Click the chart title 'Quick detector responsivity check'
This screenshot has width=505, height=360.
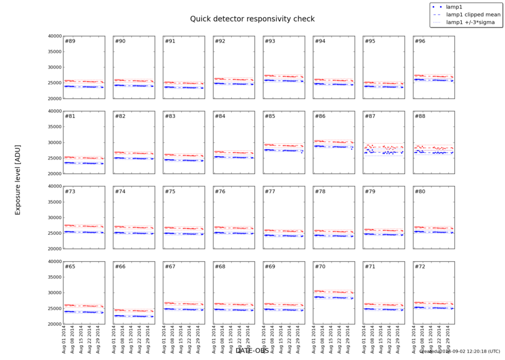pyautogui.click(x=252, y=19)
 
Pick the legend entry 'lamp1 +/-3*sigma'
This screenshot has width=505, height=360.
pyautogui.click(x=470, y=22)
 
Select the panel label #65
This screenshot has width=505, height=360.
pyautogui.click(x=70, y=266)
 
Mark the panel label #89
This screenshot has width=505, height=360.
pyautogui.click(x=70, y=41)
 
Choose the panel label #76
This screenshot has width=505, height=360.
pyautogui.click(x=219, y=192)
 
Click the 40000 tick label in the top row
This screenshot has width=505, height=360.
pyautogui.click(x=54, y=36)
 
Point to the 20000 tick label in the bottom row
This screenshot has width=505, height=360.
pyautogui.click(x=54, y=324)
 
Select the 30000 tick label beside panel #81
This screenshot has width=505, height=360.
pyautogui.click(x=54, y=143)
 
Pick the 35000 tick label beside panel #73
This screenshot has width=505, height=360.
pyautogui.click(x=54, y=202)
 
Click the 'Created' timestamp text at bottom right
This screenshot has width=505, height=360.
pyautogui.click(x=460, y=351)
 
